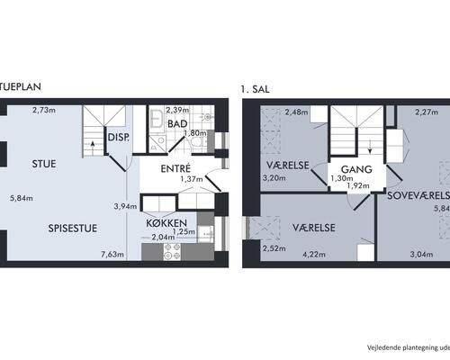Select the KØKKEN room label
pyautogui.click(x=169, y=221)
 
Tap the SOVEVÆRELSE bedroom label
pyautogui.click(x=418, y=194)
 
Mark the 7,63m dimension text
pyautogui.click(x=114, y=255)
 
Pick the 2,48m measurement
pyautogui.click(x=296, y=112)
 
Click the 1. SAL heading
pyautogui.click(x=255, y=89)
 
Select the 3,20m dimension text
pyautogui.click(x=274, y=178)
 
